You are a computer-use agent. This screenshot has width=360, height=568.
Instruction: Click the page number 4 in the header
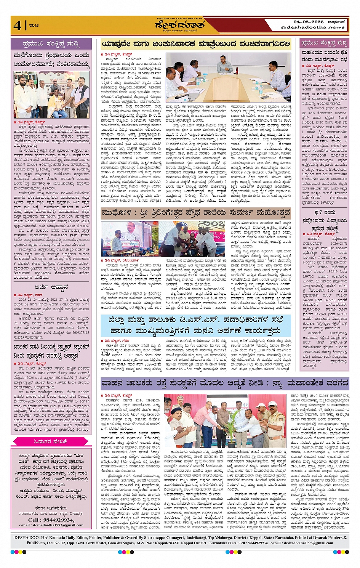(x=18, y=25)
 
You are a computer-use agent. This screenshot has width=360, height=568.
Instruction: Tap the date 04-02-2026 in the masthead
(x=308, y=22)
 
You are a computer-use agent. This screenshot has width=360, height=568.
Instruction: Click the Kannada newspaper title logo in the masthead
(x=179, y=25)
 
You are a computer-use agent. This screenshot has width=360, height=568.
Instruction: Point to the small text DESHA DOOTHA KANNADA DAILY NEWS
(x=179, y=18)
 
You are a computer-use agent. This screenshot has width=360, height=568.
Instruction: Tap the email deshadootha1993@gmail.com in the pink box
(x=51, y=525)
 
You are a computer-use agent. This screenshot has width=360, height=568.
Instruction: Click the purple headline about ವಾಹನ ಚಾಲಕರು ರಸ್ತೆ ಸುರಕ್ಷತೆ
(x=225, y=383)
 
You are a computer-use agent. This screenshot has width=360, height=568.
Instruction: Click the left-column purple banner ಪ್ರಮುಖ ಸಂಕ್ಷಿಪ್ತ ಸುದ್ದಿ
(x=51, y=44)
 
